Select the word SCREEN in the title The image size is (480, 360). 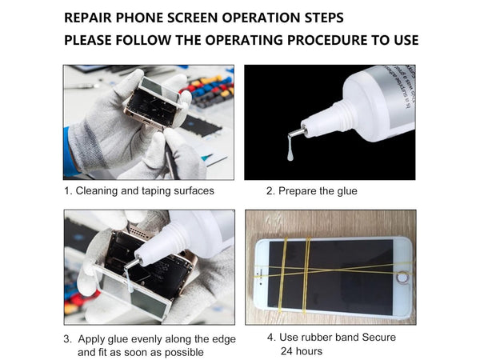193,18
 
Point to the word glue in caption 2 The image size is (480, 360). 347,191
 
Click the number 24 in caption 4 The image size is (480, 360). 287,351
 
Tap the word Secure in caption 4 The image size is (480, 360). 379,338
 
